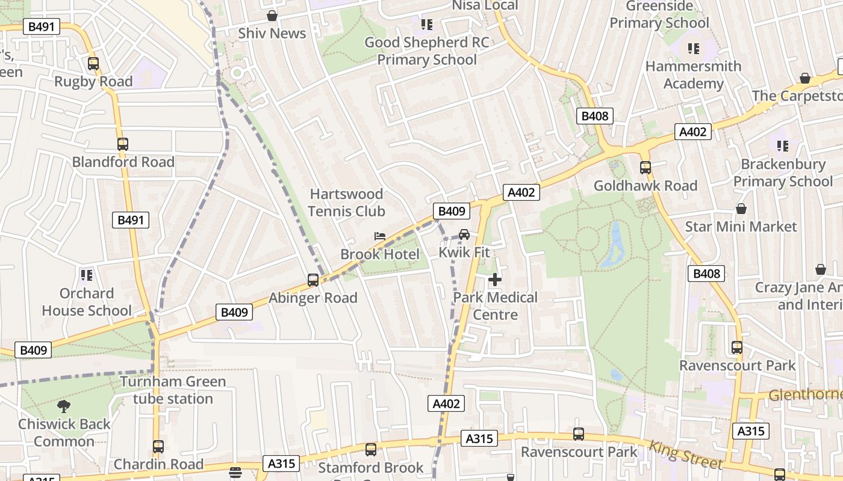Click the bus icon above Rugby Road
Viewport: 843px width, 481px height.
coord(93,63)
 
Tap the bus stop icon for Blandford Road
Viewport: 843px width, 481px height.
coord(123,144)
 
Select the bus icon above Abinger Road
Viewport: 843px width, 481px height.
coord(313,280)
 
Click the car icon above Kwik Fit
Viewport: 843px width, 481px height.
coord(464,234)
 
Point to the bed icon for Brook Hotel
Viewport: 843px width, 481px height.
coord(379,236)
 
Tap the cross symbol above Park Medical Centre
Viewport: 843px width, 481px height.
coord(495,280)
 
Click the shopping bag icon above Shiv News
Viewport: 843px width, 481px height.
coord(272,16)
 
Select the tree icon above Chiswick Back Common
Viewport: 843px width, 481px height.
coord(64,406)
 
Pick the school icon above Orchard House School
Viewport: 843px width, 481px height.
coord(87,275)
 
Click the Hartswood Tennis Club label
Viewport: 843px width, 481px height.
coord(346,203)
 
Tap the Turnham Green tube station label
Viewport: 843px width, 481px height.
coord(173,390)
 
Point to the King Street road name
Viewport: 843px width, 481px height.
coord(686,454)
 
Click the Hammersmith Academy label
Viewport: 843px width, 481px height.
coord(693,75)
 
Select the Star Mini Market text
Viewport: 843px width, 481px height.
coord(741,227)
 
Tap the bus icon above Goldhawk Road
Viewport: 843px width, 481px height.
coord(645,168)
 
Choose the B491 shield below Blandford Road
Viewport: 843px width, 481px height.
coord(131,220)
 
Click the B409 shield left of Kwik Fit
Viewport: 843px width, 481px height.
coord(451,211)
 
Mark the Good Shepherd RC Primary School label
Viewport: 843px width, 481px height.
coord(427,51)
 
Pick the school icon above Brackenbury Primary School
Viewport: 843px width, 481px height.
coord(783,146)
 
